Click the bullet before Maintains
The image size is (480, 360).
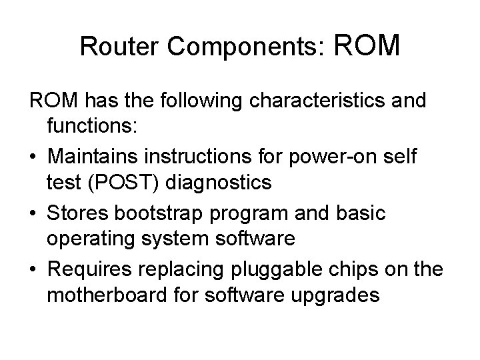coord(33,156)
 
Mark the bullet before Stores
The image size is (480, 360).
coord(33,212)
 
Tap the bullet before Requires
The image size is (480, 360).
coord(33,268)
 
